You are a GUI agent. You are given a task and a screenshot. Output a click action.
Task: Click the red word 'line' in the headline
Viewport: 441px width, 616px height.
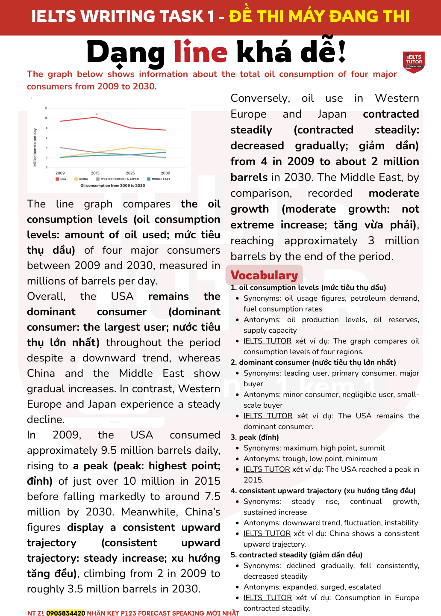pos(200,53)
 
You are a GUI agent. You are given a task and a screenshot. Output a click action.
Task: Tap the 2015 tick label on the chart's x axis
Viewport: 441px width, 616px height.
pos(95,173)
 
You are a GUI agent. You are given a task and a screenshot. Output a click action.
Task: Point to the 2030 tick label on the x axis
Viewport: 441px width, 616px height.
pos(165,173)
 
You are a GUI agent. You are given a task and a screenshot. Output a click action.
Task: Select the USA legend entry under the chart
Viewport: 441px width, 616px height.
pos(61,179)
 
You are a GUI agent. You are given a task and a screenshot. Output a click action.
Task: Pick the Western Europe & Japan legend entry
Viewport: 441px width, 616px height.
pos(118,179)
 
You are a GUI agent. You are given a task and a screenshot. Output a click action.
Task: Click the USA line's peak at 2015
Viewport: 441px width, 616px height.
pos(95,117)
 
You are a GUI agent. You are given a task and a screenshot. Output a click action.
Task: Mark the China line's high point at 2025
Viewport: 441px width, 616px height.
pos(130,148)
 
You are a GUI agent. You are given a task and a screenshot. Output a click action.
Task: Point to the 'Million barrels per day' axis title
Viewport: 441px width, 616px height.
pos(35,147)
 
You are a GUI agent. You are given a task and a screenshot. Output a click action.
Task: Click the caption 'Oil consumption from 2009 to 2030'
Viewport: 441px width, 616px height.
pos(113,186)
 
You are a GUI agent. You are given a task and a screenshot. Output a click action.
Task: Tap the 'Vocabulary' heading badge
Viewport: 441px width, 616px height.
pos(264,275)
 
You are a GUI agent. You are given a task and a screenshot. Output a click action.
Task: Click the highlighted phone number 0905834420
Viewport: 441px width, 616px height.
pos(65,613)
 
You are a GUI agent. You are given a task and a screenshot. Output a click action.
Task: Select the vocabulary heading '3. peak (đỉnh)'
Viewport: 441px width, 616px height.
pos(255,437)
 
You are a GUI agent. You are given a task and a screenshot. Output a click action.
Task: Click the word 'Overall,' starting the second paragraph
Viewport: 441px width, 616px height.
pos(46,296)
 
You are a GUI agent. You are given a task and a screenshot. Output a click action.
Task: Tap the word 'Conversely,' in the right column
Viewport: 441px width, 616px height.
pos(260,98)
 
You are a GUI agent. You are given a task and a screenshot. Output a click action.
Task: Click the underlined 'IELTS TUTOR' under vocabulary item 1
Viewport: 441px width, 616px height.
pos(268,341)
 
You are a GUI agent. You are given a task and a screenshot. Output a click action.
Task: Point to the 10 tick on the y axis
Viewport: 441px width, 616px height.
pos(46,118)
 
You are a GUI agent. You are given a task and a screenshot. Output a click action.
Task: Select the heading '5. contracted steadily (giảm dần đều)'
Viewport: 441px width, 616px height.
pos(297,555)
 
